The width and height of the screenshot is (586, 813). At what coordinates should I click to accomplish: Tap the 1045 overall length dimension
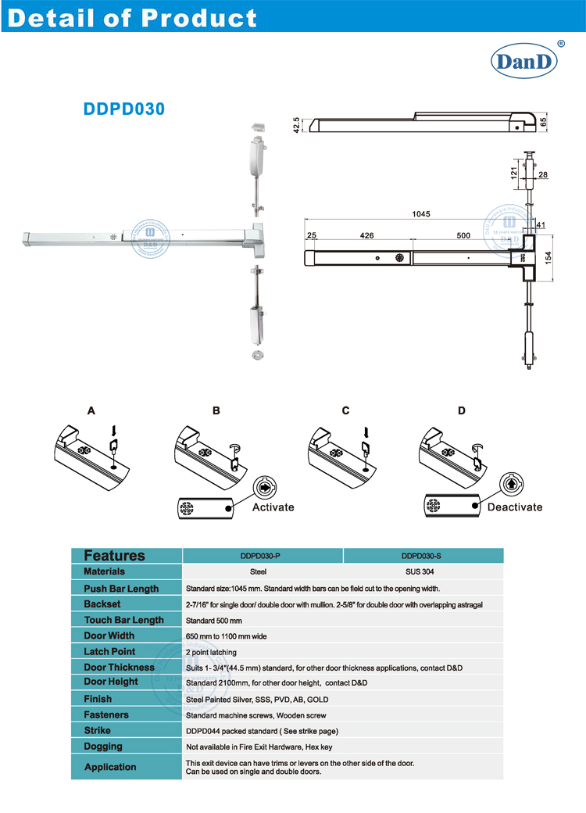[x=422, y=214]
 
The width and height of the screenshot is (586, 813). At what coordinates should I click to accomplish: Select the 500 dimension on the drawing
[x=463, y=235]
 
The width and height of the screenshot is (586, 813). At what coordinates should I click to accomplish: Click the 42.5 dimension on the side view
[x=296, y=125]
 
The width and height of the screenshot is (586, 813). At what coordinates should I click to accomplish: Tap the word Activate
[x=273, y=507]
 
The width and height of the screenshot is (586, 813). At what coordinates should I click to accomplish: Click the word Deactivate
[x=514, y=507]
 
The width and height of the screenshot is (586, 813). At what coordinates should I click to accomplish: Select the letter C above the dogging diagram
[x=345, y=410]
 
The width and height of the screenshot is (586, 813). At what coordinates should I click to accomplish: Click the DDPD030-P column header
[x=263, y=556]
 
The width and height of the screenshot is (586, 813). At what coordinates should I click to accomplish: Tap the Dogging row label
[x=103, y=747]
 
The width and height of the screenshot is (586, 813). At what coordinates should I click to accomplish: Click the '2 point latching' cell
[x=211, y=652]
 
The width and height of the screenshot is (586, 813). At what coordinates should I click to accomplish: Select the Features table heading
[x=114, y=556]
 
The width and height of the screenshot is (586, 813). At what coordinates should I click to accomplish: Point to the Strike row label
[x=98, y=731]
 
